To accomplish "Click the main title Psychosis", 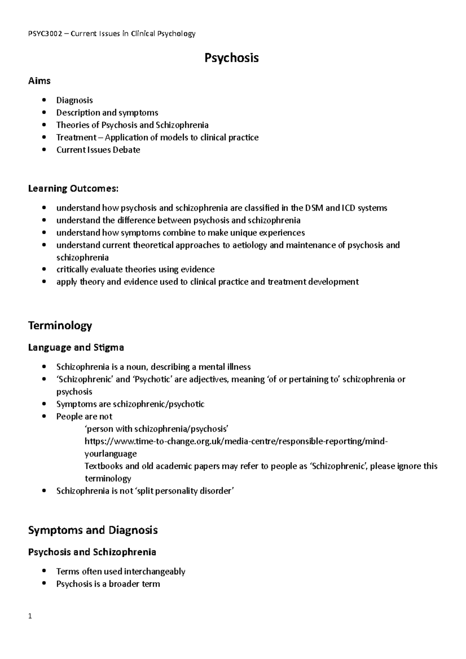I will pos(231,58).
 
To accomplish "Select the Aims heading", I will pos(39,81).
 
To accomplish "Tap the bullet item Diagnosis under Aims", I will pos(75,100).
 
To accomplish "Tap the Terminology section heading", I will pos(60,325).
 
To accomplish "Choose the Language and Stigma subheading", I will pos(76,347).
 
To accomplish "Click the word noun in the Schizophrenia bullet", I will pos(137,367).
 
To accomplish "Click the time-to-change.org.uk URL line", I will pos(236,441).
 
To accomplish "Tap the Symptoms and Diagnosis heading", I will pos(93,530).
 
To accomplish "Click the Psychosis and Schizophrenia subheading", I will pos(92,552).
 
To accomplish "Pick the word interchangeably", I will pos(155,571).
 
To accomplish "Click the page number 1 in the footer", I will pos(30,626).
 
